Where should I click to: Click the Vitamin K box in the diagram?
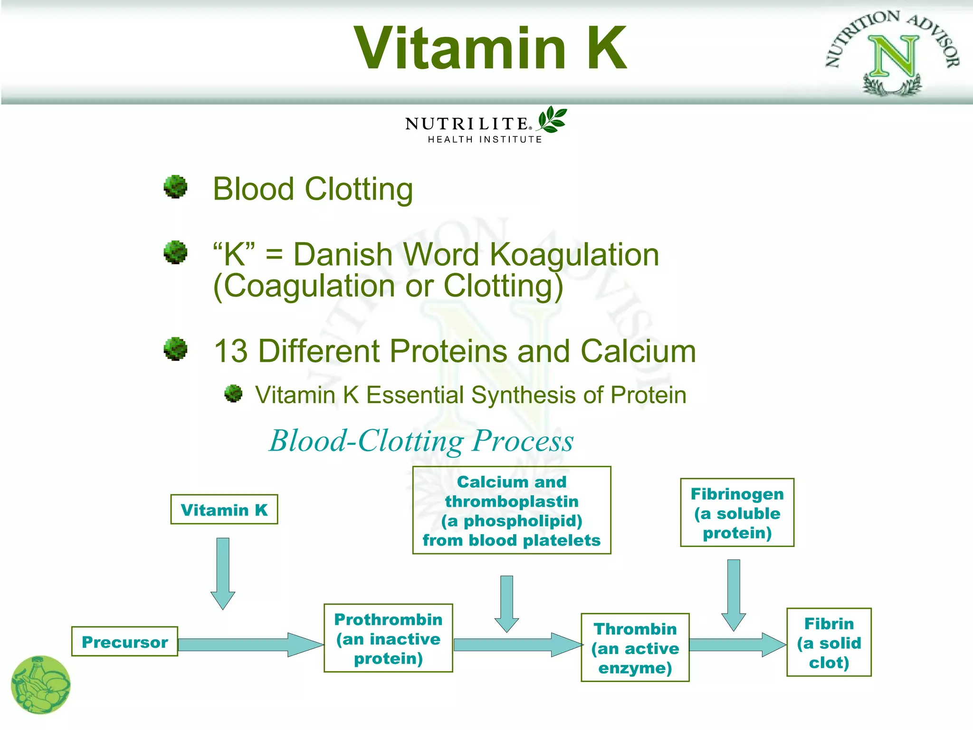[x=224, y=509]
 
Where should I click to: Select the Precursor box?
[x=124, y=642]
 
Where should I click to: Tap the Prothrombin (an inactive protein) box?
[x=388, y=638]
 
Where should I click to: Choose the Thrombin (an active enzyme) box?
[x=635, y=648]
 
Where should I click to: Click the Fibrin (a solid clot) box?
[x=829, y=642]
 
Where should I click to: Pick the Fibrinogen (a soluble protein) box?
[x=737, y=513]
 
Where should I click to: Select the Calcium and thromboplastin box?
[x=511, y=510]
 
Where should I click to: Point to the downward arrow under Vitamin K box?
[x=223, y=573]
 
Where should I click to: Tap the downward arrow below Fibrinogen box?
[x=734, y=594]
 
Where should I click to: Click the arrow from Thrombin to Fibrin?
[x=736, y=644]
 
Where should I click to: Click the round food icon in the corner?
[x=41, y=685]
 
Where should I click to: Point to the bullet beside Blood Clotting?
[x=175, y=187]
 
